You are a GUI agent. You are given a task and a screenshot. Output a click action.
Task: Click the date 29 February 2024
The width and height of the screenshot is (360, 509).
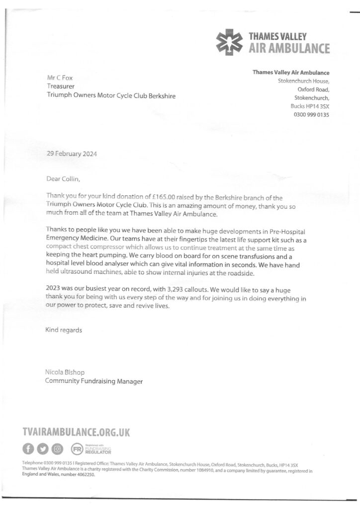[x=72, y=154]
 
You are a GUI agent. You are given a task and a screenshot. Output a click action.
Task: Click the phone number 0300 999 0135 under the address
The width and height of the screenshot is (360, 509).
[x=308, y=115]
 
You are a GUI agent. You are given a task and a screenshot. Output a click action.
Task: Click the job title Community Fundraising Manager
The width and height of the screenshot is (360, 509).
[x=94, y=381]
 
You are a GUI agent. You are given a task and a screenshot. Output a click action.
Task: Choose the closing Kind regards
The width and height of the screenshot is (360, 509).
[x=64, y=330]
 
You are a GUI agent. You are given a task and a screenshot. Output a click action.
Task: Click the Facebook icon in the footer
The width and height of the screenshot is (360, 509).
[x=29, y=449]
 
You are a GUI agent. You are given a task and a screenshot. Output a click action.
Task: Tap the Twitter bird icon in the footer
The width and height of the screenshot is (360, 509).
[x=43, y=449]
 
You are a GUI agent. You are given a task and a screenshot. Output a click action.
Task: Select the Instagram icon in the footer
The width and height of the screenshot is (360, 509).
[x=58, y=449]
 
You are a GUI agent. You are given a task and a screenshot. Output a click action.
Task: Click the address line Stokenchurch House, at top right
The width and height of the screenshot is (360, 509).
[x=303, y=81]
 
